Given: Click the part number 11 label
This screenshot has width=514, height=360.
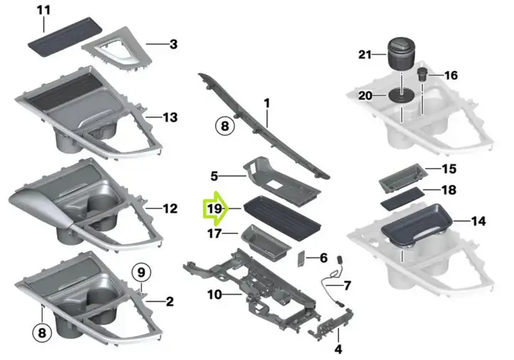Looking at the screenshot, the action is (43, 10).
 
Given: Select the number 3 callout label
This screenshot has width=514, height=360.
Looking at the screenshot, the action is (174, 44).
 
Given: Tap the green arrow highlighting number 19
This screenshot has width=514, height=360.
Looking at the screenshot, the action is (216, 208).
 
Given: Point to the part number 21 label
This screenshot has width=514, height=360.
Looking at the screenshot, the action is (364, 54).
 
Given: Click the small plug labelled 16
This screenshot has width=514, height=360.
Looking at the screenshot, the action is (422, 75).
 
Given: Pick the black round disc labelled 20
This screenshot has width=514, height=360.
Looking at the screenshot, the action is (402, 95).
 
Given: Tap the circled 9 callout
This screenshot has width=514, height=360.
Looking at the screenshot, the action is (141, 272).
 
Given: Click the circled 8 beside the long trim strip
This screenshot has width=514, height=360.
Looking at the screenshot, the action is (225, 126).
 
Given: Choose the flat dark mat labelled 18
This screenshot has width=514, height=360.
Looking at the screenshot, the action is (402, 198).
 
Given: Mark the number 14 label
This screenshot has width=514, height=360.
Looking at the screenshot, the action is (478, 221).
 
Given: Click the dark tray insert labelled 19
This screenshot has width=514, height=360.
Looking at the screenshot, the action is (282, 218).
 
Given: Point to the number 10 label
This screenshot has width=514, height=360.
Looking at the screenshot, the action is (215, 295).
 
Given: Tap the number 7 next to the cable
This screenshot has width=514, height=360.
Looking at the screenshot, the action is (347, 285).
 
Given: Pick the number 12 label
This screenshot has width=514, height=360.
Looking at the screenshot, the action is (170, 208).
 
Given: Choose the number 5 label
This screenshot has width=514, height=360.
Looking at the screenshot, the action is (214, 176).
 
